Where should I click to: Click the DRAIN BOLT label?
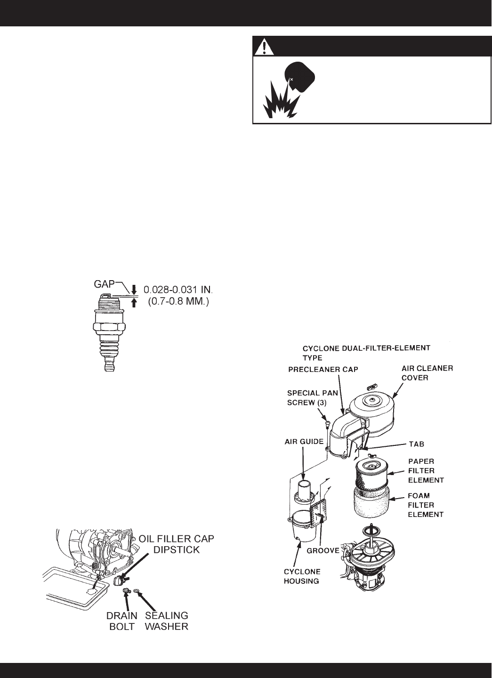point(122,621)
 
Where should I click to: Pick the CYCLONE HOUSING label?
point(302,576)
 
